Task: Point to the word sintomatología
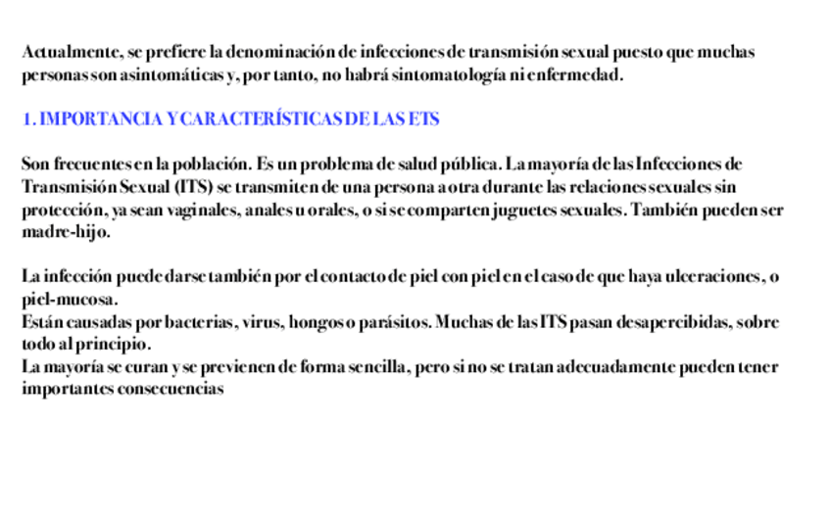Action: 447,74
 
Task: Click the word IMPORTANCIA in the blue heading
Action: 101,119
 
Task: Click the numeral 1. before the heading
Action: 28,119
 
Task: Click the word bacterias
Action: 197,321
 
